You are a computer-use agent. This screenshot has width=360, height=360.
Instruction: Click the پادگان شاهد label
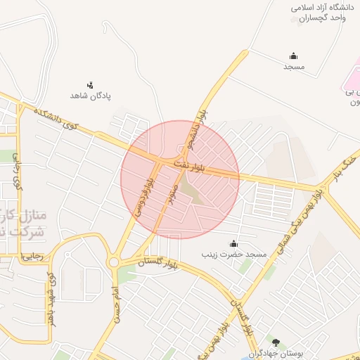pyautogui.click(x=91, y=95)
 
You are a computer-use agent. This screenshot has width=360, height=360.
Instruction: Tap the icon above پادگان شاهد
pyautogui.click(x=89, y=84)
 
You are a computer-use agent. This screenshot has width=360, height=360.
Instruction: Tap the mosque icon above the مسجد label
pyautogui.click(x=292, y=56)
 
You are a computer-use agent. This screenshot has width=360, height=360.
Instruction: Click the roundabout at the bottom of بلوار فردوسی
pyautogui.click(x=114, y=263)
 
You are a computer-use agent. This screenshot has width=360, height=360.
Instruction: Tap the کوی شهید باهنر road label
pyautogui.click(x=50, y=295)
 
